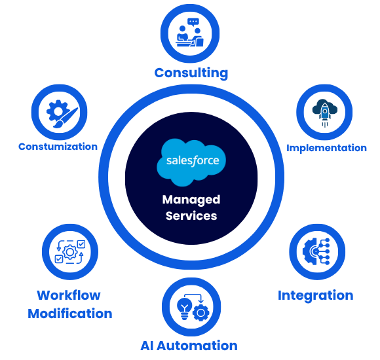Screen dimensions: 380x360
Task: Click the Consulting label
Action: tap(191, 73)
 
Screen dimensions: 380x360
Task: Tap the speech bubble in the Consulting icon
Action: tap(193, 22)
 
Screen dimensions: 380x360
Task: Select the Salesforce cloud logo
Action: tap(191, 162)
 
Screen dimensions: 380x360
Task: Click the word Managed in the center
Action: tap(191, 200)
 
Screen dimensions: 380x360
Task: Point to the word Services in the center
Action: tap(191, 216)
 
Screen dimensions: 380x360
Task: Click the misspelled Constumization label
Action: tap(58, 147)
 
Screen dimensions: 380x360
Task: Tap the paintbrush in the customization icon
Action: tap(66, 118)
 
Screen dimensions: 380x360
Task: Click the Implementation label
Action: tap(326, 148)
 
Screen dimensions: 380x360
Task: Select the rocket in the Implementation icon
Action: tap(325, 113)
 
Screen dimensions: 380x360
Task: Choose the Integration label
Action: tap(316, 296)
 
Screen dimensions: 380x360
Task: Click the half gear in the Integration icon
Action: tap(310, 251)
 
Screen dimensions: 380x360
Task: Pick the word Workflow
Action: tap(69, 295)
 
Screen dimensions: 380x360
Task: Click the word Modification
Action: tap(70, 314)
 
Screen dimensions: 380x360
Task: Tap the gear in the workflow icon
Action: tap(70, 252)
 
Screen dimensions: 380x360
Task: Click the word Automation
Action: tap(197, 346)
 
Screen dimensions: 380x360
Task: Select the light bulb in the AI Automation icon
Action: tap(184, 309)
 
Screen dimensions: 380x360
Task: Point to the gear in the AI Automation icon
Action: tap(201, 313)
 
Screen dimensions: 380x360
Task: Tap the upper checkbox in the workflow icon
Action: tap(81, 244)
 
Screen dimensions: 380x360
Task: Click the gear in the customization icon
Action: tap(57, 111)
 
